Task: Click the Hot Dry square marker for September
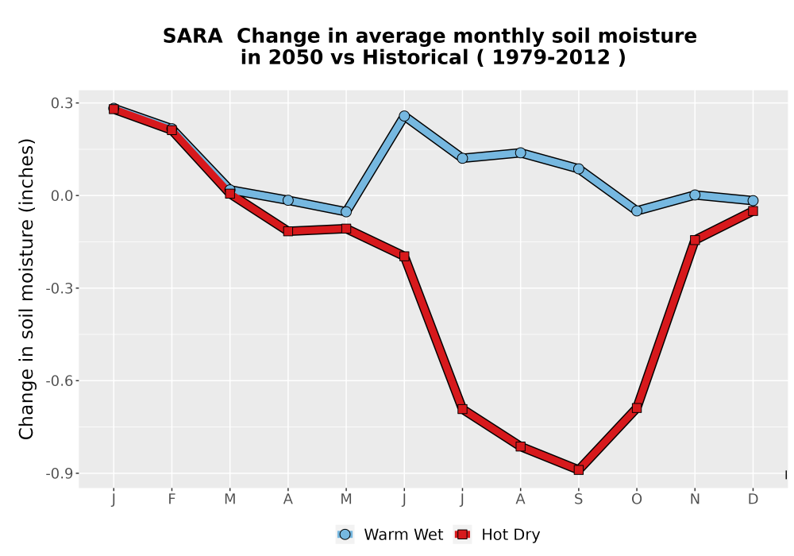coord(578,470)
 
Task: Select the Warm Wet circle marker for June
coord(404,116)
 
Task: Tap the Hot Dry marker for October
coord(637,407)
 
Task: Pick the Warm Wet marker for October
coord(637,210)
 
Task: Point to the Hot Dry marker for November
coord(695,240)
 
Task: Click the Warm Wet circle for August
coord(520,153)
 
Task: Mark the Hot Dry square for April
coord(287,231)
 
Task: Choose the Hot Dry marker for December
coord(753,210)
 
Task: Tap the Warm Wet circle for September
coord(578,168)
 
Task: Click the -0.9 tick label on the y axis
coord(59,473)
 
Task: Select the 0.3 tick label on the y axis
coord(61,103)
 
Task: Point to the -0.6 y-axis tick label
coord(59,380)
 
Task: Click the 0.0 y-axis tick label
coord(61,196)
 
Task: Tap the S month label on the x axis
coord(578,500)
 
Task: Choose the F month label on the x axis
coord(172,500)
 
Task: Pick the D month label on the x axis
coord(753,500)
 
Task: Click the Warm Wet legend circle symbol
coord(345,535)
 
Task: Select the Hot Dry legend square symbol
coord(462,535)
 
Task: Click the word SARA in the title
coord(192,36)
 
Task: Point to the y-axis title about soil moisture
coord(26,288)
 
